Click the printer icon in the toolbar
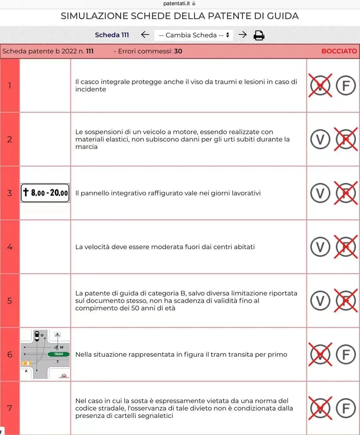[259, 35]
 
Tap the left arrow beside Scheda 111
[145, 35]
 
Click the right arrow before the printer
[242, 35]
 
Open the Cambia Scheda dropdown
[194, 35]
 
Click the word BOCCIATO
[339, 51]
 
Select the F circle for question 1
[346, 85]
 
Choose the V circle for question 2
[320, 139]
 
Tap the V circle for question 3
[320, 193]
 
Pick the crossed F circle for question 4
[346, 247]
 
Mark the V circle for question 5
[320, 301]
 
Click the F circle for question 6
[346, 354]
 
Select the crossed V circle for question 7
[320, 408]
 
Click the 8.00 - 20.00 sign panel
[45, 193]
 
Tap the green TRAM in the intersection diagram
[58, 354]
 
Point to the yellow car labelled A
[26, 363]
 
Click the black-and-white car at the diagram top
[37, 336]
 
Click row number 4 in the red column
[10, 247]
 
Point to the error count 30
[178, 51]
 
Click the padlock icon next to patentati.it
[194, 3]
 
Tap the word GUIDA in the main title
[283, 16]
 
